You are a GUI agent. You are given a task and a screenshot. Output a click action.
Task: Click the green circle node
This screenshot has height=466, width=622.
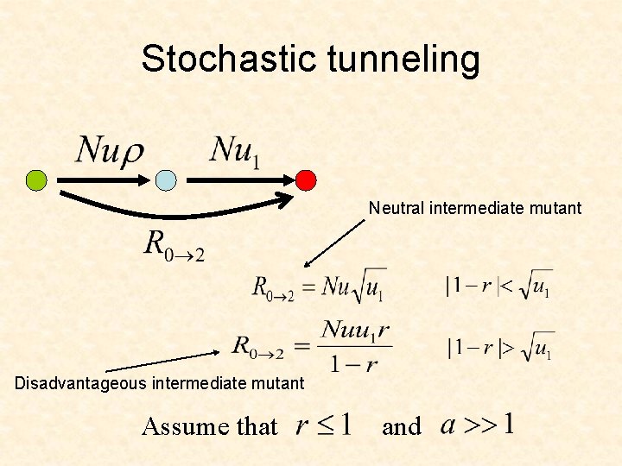[36, 179]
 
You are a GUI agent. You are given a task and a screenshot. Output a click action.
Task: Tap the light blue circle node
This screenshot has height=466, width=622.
[166, 179]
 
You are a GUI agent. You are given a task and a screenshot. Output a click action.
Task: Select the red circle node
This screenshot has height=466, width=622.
[306, 179]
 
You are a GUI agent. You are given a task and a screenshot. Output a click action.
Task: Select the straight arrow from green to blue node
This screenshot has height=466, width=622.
[102, 179]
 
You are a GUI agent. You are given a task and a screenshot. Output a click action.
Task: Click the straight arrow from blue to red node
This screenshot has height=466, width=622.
[238, 179]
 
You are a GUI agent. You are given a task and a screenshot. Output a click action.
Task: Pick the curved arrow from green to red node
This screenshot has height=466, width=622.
[164, 208]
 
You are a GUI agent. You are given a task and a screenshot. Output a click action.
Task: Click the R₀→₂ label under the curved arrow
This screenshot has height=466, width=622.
[173, 245]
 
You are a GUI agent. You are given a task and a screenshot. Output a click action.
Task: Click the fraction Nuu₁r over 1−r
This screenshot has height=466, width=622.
[355, 345]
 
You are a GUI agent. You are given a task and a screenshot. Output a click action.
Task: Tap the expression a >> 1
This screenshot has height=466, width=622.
[478, 425]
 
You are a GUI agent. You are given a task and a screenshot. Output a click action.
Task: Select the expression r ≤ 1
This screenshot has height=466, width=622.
[322, 425]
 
